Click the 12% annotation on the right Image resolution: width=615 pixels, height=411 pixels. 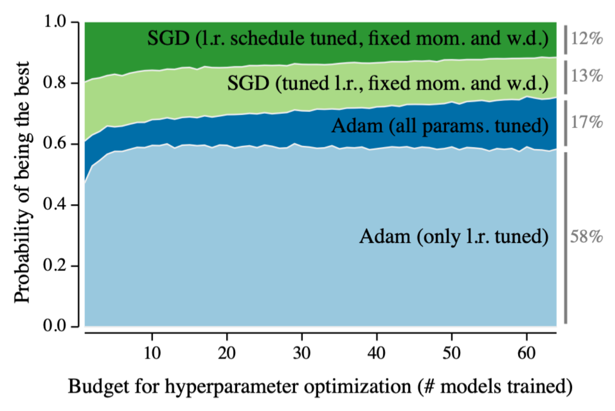point(586,39)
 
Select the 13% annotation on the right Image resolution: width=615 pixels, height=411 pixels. point(586,76)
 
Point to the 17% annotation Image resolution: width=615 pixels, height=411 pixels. point(586,122)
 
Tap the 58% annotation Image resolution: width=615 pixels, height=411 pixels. point(586,236)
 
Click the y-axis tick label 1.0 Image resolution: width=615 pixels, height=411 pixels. point(55,22)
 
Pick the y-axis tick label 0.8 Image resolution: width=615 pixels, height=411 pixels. point(55,83)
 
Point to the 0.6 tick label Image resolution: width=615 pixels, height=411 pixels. point(55,143)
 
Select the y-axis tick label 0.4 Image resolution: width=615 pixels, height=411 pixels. point(55,204)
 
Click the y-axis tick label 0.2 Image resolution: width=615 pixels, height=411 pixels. point(55,265)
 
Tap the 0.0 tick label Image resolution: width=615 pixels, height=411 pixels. point(55,326)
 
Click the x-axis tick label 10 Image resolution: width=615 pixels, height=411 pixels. point(152,352)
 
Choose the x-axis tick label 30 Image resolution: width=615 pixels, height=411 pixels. point(302,352)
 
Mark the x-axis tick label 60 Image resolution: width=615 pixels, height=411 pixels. point(526,352)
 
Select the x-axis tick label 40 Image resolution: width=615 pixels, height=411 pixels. point(376,352)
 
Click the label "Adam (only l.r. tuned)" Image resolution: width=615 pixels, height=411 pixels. point(454,236)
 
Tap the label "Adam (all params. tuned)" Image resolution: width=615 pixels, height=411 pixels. point(439,126)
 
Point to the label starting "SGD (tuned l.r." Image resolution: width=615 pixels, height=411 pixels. point(387,83)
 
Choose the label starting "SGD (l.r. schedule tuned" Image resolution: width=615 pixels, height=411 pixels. point(347,39)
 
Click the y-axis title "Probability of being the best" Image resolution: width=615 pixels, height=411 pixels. point(22,181)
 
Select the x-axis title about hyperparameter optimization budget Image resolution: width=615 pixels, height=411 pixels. point(320,387)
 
